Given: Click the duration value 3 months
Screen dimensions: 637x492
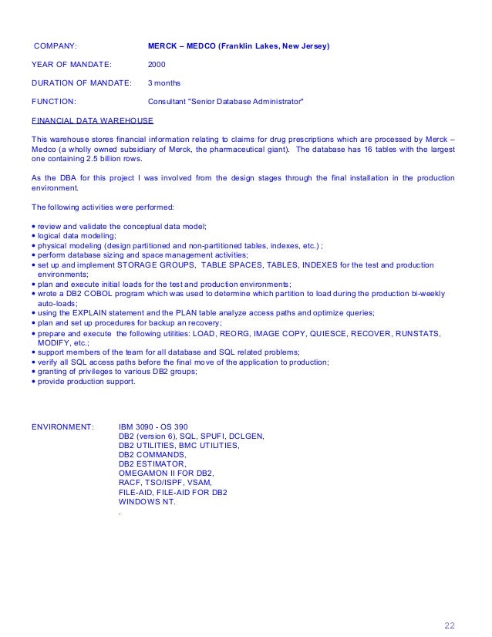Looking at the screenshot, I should tap(165, 83).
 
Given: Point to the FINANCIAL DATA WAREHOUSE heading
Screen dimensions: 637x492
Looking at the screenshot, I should tap(92, 120).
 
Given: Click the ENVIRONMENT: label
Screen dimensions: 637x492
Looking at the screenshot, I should tap(62, 426).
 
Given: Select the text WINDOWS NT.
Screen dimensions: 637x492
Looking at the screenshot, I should tap(147, 502).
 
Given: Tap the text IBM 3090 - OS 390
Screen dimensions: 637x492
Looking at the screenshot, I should tap(159, 426).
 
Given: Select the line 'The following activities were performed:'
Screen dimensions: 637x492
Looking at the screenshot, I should tap(103, 207).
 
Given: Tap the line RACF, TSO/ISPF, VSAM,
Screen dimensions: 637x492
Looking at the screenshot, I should tap(160, 483).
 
